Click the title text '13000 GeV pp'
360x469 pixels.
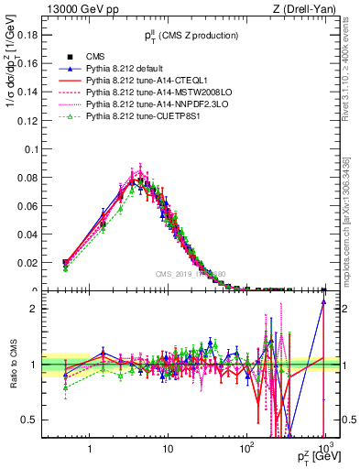[77, 9]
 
